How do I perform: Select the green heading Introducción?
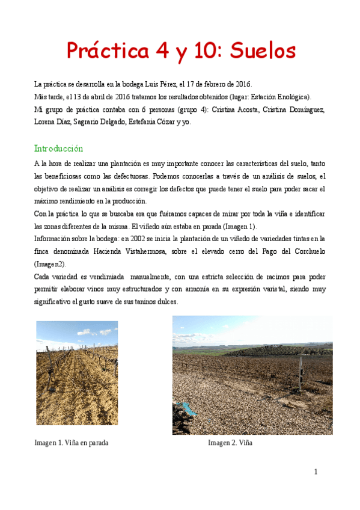[x=58, y=148]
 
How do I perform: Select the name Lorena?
[x=47, y=122]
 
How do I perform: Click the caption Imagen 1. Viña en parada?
[x=72, y=443]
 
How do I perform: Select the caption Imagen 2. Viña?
[x=230, y=443]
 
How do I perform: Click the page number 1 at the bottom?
[x=316, y=472]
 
